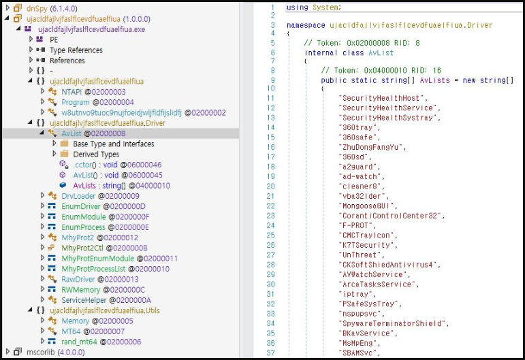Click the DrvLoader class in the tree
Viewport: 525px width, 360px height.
click(78, 196)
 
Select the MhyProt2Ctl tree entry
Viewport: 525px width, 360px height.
click(82, 248)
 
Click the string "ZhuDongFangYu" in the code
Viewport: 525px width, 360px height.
click(372, 147)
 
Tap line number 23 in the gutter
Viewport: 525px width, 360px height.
click(270, 216)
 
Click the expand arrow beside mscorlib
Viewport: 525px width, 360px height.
click(8, 352)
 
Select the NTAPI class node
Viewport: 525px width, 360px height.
click(71, 92)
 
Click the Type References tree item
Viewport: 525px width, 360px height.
click(76, 50)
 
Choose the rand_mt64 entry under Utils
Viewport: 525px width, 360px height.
click(79, 342)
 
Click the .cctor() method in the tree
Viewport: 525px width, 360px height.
click(84, 165)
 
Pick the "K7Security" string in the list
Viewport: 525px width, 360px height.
click(368, 245)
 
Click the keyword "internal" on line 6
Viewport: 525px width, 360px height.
click(321, 53)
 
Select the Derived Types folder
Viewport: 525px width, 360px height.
click(96, 154)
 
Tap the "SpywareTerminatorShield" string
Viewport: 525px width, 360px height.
click(394, 323)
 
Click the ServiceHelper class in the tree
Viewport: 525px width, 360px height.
click(84, 300)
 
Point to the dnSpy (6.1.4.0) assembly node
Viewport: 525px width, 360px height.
click(52, 8)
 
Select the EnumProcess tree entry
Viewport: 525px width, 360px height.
click(83, 227)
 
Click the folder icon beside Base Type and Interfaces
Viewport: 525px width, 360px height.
click(64, 144)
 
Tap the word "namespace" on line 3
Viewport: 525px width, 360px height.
click(306, 25)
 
